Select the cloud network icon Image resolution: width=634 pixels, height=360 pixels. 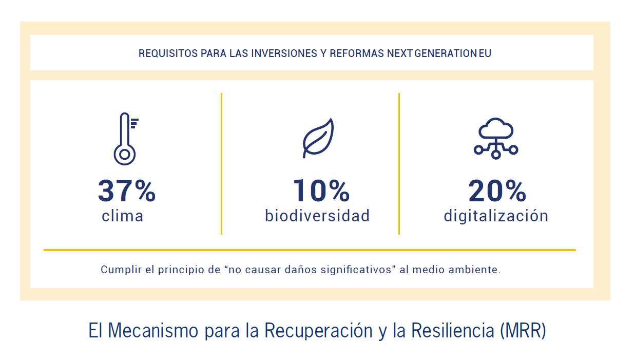(496, 138)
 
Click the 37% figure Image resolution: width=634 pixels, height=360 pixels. (126, 191)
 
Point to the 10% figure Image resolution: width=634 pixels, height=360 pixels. (321, 191)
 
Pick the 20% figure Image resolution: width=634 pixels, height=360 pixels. (497, 191)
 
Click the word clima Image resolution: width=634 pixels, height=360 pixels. (123, 216)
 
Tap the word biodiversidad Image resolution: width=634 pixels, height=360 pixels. (317, 216)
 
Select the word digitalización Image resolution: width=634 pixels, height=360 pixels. (496, 216)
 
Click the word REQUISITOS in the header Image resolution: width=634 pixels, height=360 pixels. (168, 53)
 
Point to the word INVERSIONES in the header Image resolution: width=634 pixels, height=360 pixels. (284, 53)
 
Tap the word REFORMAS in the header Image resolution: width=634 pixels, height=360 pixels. (357, 53)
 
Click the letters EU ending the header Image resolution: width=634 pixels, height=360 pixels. (485, 53)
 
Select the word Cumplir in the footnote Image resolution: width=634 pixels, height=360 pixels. (121, 270)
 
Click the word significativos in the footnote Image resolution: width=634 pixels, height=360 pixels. (355, 270)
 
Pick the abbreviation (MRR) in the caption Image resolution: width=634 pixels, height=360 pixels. (523, 331)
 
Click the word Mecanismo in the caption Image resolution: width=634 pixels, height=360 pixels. (153, 331)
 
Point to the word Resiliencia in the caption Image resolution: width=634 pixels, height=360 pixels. (453, 330)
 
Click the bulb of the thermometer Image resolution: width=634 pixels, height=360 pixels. (125, 155)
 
